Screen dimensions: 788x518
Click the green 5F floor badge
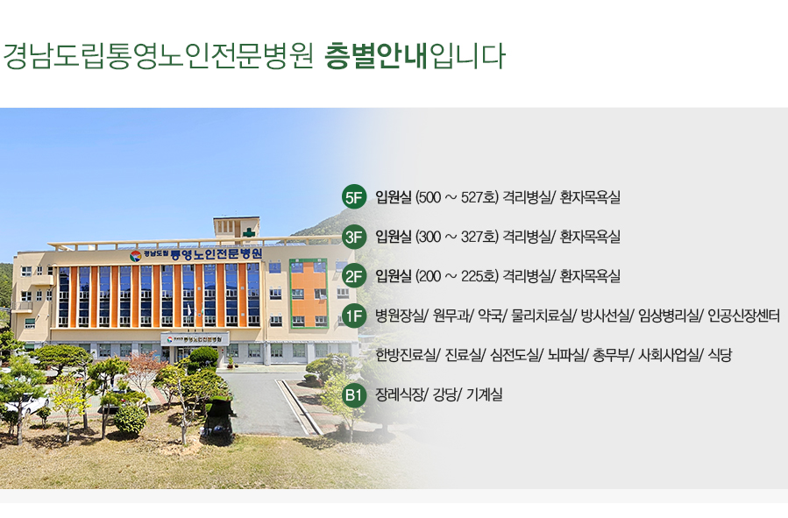(x=354, y=197)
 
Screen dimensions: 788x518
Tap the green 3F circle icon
(x=354, y=237)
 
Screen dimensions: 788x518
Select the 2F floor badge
(x=354, y=276)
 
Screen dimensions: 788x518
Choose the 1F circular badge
(x=354, y=316)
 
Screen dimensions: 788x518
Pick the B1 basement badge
(x=354, y=395)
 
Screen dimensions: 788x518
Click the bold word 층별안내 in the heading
(x=375, y=55)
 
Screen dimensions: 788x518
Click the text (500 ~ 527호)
(x=457, y=197)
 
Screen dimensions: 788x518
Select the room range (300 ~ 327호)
(x=457, y=237)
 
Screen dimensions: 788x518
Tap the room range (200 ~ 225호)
(x=457, y=276)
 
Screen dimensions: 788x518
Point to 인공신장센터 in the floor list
(x=743, y=316)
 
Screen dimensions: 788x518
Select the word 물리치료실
(x=541, y=316)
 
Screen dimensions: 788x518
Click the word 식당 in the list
(x=720, y=355)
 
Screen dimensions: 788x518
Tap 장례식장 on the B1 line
(x=400, y=395)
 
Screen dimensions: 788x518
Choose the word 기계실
(x=484, y=395)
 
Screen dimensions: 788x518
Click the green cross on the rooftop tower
(x=248, y=232)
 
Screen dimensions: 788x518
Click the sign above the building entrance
(x=195, y=339)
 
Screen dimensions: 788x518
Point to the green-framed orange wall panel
(x=309, y=294)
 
